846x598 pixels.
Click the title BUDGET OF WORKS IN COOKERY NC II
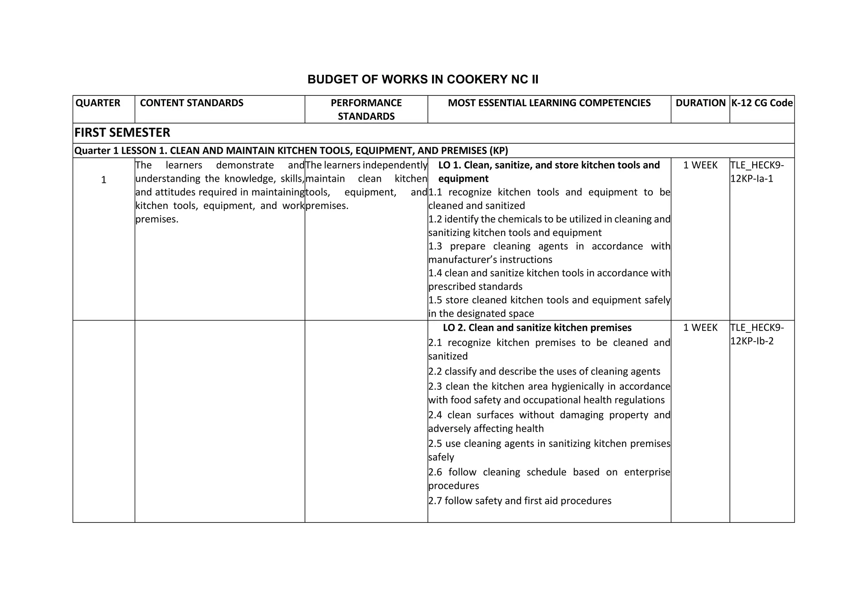[x=423, y=79]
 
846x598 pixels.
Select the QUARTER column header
[x=98, y=103]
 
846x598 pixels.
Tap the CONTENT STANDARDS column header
[x=192, y=103]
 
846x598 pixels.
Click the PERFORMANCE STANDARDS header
[x=366, y=109]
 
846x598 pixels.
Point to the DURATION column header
[x=700, y=103]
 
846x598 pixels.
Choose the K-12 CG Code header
[x=762, y=103]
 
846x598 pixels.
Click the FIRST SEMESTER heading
[x=122, y=133]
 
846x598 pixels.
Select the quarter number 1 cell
[x=104, y=180]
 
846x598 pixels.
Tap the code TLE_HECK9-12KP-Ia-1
[x=757, y=172]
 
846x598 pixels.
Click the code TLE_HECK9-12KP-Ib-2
[x=757, y=334]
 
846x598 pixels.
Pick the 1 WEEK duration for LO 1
[x=700, y=165]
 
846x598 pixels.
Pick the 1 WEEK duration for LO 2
[x=700, y=327]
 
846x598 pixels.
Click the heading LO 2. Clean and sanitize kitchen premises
[x=537, y=327]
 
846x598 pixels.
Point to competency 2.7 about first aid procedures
[x=520, y=501]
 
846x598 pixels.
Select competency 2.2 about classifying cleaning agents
[x=544, y=371]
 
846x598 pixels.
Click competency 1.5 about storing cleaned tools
[x=549, y=307]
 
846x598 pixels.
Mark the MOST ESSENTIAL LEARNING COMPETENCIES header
[x=549, y=103]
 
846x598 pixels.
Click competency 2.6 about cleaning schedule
[x=549, y=479]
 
